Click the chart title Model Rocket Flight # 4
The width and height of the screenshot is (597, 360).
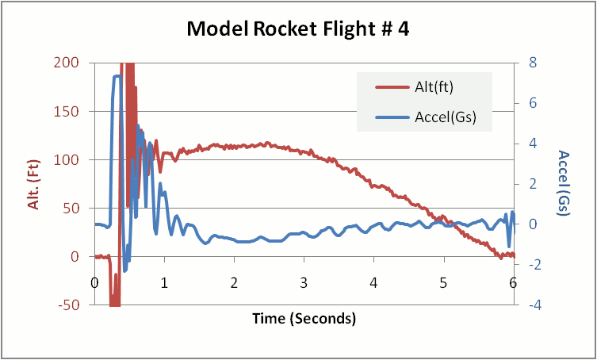298,29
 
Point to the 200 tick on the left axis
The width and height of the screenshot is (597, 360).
70,63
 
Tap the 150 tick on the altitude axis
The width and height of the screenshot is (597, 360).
70,111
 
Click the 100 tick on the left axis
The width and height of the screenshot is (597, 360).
70,159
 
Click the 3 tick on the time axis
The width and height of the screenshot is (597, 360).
304,283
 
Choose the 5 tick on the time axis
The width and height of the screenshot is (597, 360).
444,283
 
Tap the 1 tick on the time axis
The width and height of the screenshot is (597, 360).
164,283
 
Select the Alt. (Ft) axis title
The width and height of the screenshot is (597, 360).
35,183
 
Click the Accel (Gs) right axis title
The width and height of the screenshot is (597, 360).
564,183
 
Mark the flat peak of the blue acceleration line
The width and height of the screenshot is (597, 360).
117,77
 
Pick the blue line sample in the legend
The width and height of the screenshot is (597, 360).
391,118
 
